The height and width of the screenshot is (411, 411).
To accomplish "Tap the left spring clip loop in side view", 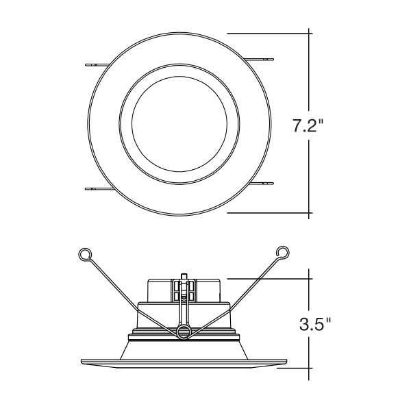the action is click(85, 254).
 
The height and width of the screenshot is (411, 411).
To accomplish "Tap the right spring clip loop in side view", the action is click(283, 252).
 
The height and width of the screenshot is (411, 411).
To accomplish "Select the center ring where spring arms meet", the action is click(184, 332).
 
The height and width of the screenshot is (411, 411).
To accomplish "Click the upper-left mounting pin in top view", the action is click(97, 65).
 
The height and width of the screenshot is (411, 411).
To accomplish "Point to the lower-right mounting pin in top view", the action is click(261, 184).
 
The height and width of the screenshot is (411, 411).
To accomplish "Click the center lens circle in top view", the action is click(179, 124).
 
